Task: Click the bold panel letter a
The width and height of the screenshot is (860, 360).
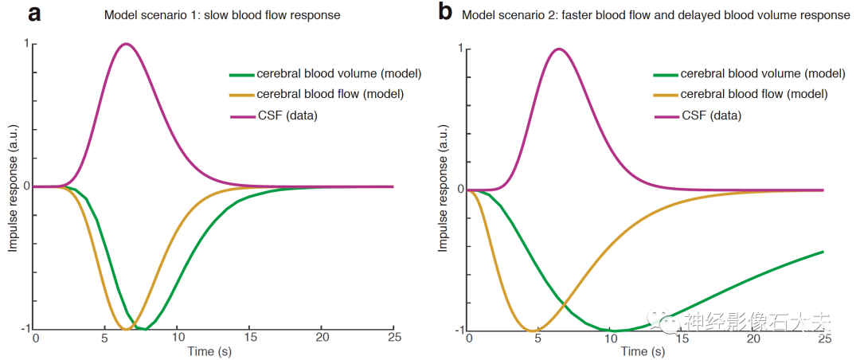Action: click(34, 14)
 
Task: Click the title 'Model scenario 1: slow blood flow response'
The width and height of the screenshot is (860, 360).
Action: click(222, 15)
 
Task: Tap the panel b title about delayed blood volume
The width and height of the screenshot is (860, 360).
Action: click(655, 15)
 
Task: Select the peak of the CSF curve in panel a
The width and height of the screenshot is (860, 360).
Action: click(126, 44)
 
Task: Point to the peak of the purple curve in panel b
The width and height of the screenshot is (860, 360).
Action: click(558, 49)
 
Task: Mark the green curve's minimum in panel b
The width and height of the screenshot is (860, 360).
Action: click(614, 331)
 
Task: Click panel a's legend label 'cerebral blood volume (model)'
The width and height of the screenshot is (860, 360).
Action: click(339, 74)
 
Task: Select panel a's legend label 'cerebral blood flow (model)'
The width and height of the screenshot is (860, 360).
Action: click(330, 94)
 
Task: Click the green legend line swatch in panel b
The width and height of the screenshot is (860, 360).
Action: click(664, 73)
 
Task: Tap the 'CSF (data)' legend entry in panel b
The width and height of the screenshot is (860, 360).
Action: click(710, 115)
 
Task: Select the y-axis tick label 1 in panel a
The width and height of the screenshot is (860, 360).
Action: click(28, 45)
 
